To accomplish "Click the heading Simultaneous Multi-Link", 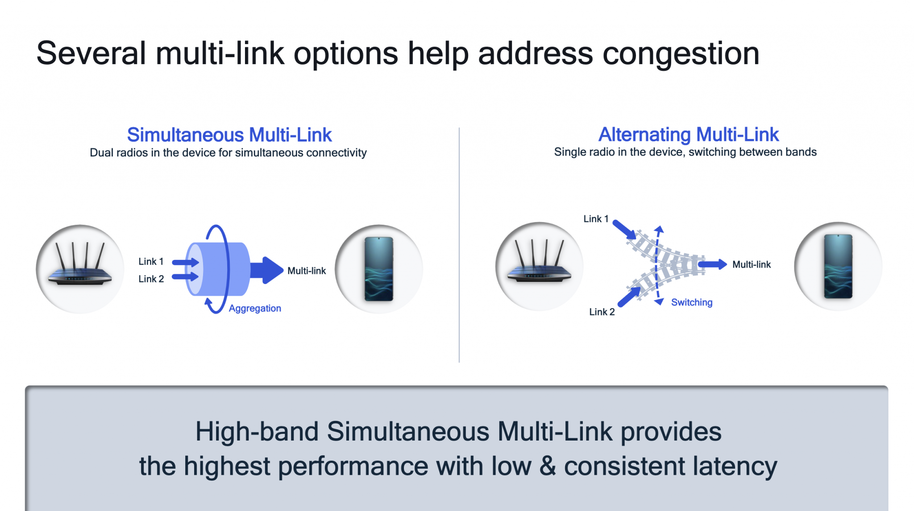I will coord(229,135).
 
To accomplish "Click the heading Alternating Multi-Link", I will coord(688,134).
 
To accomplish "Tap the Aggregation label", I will coord(255,308).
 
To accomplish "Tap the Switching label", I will coord(691,302).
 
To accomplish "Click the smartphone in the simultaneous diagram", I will coord(379,269).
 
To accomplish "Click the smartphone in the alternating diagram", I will coord(838,266).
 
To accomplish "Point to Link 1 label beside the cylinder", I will coord(151,261).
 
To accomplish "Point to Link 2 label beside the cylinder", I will coord(151,279).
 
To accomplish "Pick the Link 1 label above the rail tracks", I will coord(596,219).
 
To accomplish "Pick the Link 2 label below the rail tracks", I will coord(602,312).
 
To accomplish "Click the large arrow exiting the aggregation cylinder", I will coord(266,270).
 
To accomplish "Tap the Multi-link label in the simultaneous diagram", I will coord(307,271).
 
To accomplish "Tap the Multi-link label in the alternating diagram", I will coord(752,264).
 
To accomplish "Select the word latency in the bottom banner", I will coord(735,466).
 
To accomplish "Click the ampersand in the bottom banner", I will coord(547,466).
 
